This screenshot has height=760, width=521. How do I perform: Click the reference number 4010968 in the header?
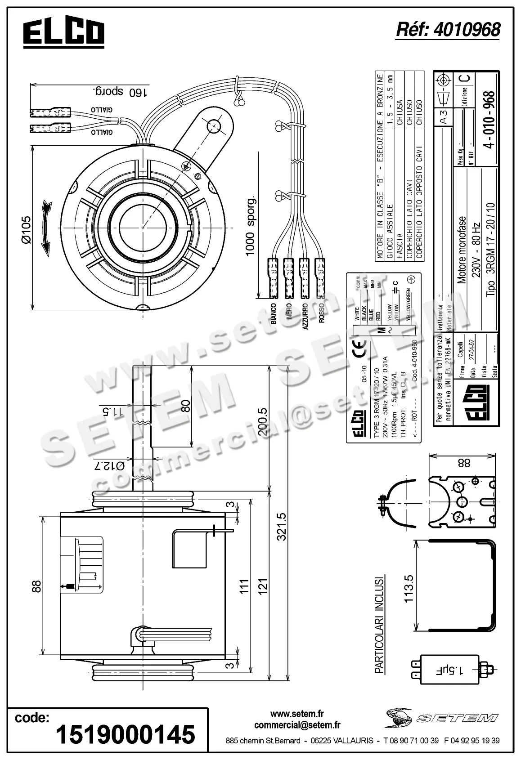pyautogui.click(x=448, y=30)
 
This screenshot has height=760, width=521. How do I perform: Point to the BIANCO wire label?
pyautogui.click(x=273, y=313)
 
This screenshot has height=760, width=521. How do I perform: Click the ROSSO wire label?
pyautogui.click(x=321, y=312)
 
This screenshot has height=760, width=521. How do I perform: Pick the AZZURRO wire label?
pyautogui.click(x=305, y=317)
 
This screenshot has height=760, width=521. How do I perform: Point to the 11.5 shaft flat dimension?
pyautogui.click(x=106, y=411)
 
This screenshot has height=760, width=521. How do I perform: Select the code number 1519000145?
pyautogui.click(x=125, y=734)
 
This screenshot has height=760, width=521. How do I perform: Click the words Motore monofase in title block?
pyautogui.click(x=462, y=250)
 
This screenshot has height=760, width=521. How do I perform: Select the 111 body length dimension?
pyautogui.click(x=244, y=586)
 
